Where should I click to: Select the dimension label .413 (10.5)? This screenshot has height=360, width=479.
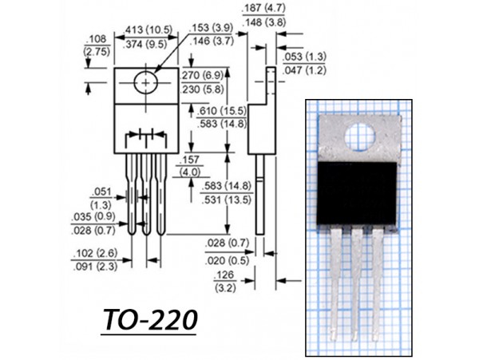point(146,31)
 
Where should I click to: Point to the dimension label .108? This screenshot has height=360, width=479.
point(97,38)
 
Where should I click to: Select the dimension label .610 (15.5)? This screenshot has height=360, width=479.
point(223,112)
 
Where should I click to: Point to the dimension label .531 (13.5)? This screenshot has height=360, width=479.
point(227,200)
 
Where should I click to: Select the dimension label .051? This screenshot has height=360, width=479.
point(101,192)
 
